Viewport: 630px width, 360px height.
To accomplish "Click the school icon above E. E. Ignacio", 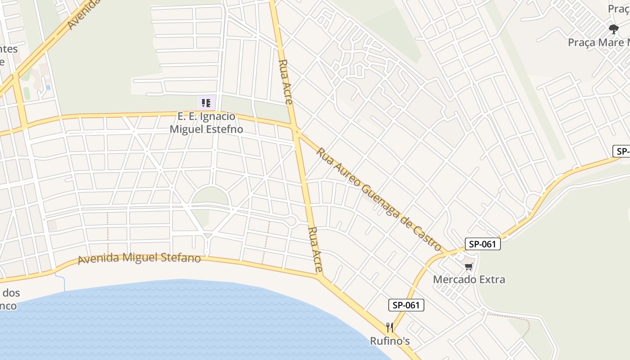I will (x=206, y=103).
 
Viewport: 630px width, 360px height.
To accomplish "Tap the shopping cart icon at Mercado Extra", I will (x=469, y=266).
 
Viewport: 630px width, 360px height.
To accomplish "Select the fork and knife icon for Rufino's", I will (x=390, y=328).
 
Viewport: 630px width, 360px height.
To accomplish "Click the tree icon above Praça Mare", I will (x=613, y=29).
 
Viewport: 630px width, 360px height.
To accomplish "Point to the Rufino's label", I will (x=390, y=341).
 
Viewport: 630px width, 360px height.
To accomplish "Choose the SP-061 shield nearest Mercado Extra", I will (x=482, y=244).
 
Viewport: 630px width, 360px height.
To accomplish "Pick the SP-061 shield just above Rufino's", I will (x=406, y=305).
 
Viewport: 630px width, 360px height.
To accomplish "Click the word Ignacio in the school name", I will (x=219, y=117).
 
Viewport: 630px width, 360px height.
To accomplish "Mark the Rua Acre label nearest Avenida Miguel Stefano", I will (x=315, y=250).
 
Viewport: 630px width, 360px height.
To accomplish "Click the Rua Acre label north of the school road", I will (x=286, y=81).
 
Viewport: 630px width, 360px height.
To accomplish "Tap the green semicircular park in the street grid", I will (x=210, y=197).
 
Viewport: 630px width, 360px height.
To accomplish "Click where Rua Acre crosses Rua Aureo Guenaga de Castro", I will (x=296, y=130).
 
